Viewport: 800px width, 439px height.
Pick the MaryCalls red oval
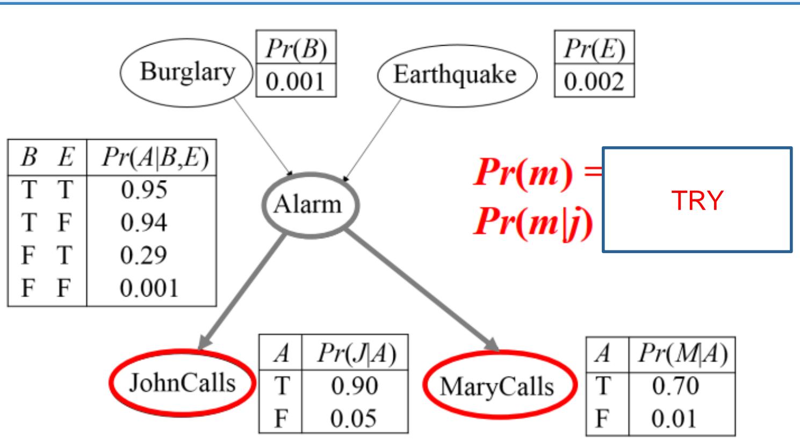click(498, 386)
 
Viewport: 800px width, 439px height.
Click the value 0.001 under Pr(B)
click(296, 82)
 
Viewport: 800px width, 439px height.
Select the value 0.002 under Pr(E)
click(594, 82)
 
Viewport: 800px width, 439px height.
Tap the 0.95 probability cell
click(143, 190)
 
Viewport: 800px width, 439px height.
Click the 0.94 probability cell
click(143, 222)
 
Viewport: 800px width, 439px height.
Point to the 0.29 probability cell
click(143, 255)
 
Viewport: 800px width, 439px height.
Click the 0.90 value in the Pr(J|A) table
click(354, 386)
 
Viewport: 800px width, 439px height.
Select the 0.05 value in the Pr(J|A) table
click(354, 418)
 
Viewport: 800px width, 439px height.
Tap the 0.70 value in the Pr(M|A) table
click(675, 386)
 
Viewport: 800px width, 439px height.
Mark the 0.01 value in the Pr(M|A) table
click(675, 418)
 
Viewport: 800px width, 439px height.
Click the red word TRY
click(697, 201)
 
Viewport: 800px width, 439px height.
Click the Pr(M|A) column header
click(681, 354)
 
